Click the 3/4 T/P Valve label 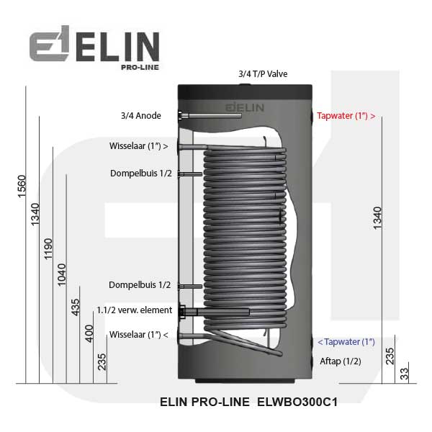click(x=263, y=74)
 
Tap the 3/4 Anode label click(x=141, y=116)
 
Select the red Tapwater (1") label click(x=346, y=116)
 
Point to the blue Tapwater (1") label click(x=346, y=342)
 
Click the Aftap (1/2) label click(x=341, y=361)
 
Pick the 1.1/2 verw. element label click(x=135, y=310)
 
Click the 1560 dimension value click(x=22, y=186)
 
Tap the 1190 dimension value click(x=48, y=249)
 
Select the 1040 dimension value click(x=61, y=275)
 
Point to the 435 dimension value click(x=75, y=307)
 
